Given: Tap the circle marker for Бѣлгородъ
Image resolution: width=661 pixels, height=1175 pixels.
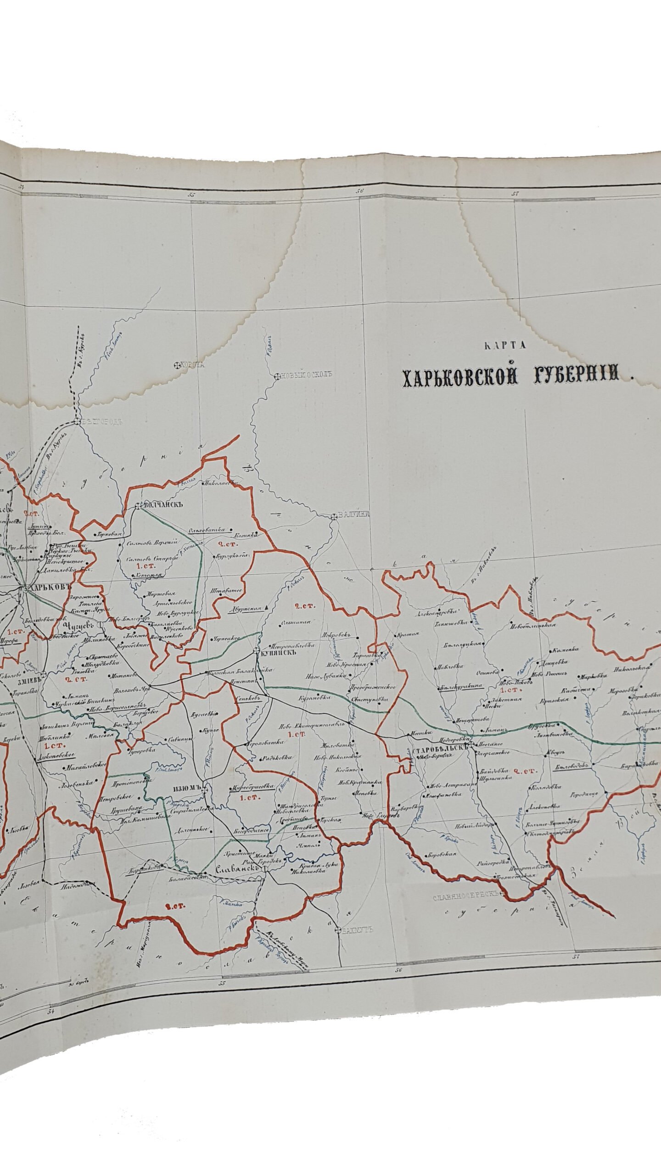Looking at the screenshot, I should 77,420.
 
